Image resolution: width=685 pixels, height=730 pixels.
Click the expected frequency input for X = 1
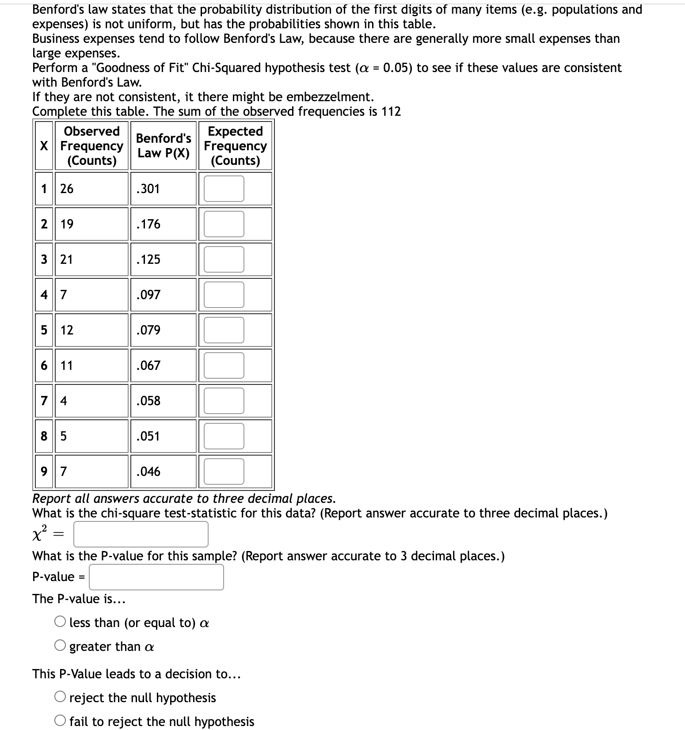point(224,189)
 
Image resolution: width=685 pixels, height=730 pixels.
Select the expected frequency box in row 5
point(224,330)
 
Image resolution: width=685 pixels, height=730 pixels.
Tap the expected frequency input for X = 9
point(224,471)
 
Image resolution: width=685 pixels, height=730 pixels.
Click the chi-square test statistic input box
point(141,534)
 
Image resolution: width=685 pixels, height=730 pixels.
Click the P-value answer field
point(156,577)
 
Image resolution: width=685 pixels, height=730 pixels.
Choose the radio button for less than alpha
point(61,622)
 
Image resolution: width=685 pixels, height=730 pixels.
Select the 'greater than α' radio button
point(61,646)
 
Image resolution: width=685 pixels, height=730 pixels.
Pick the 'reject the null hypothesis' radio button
point(61,697)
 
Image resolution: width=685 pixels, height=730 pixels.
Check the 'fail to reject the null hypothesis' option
point(61,721)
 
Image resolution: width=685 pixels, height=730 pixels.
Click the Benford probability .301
point(148,189)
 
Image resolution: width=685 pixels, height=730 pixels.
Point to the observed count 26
point(67,189)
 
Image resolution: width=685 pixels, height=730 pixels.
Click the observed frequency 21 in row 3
point(66,259)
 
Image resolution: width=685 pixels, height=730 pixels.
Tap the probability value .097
point(148,295)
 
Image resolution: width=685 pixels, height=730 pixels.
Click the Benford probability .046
point(148,471)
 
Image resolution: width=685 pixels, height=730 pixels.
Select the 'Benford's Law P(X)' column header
point(163,145)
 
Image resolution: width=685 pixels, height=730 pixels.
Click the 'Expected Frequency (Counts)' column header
point(235,145)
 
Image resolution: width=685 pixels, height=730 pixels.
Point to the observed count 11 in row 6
point(66,365)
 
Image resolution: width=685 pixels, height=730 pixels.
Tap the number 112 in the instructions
point(391,111)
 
